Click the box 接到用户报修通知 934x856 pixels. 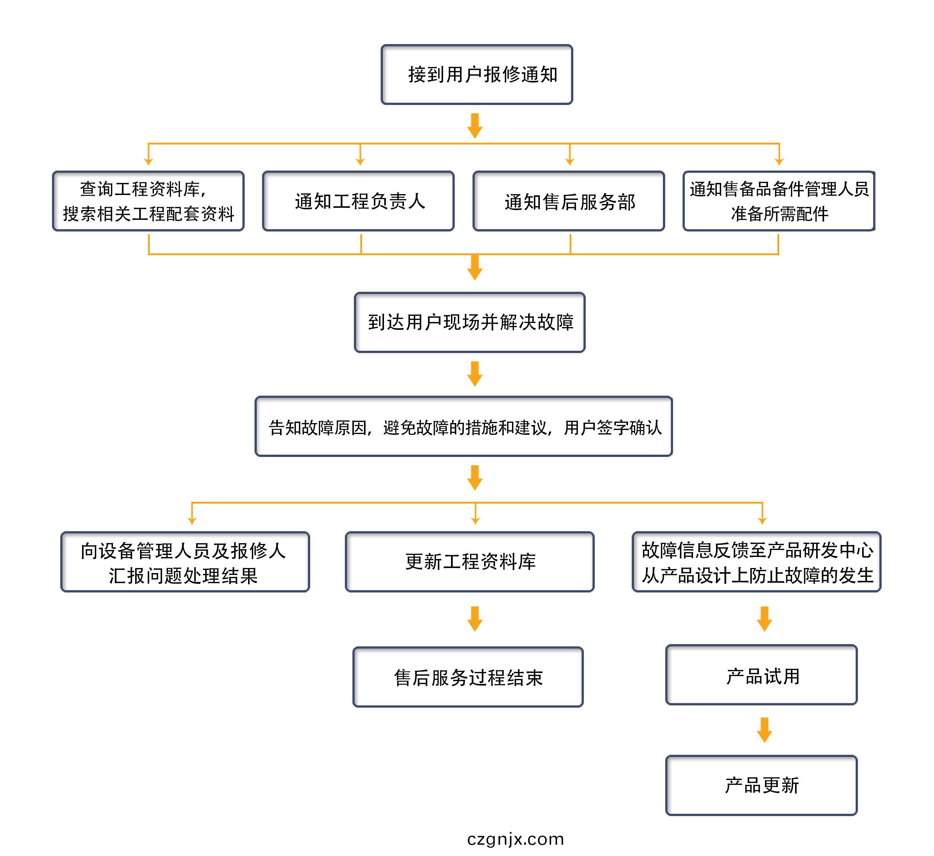pyautogui.click(x=476, y=75)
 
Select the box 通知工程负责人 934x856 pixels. pyautogui.click(x=358, y=201)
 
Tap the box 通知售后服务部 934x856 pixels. pyautogui.click(x=568, y=201)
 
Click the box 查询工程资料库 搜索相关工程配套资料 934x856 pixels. pyautogui.click(x=148, y=201)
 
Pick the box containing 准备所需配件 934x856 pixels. pyautogui.click(x=779, y=201)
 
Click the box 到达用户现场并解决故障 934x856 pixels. pyautogui.click(x=469, y=322)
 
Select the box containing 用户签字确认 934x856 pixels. pyautogui.click(x=463, y=426)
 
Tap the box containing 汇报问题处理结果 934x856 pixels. pyautogui.click(x=185, y=562)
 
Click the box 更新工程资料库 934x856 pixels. pyautogui.click(x=469, y=562)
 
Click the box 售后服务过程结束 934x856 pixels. pyautogui.click(x=468, y=677)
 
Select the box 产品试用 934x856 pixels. pyautogui.click(x=761, y=675)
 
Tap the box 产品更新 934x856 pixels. pyautogui.click(x=761, y=786)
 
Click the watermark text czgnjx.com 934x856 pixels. pyautogui.click(x=515, y=839)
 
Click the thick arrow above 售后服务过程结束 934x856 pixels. pyautogui.click(x=474, y=619)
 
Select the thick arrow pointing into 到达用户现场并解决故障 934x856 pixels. pyautogui.click(x=474, y=268)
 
